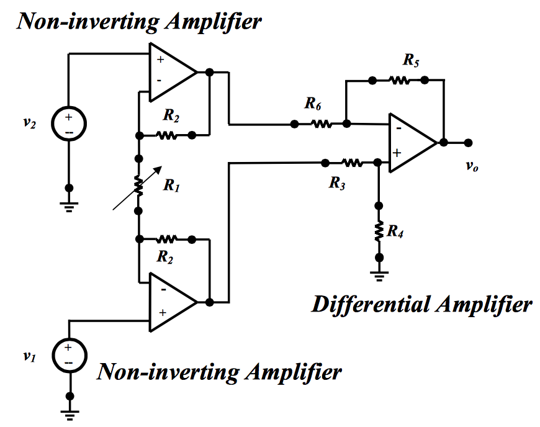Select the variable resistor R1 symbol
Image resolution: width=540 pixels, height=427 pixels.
click(x=138, y=185)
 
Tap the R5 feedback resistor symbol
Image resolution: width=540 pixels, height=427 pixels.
click(x=398, y=79)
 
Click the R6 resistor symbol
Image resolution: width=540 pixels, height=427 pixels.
click(x=321, y=124)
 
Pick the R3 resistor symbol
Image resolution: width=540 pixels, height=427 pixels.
click(x=351, y=163)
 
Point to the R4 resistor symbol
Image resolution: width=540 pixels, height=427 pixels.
click(x=379, y=231)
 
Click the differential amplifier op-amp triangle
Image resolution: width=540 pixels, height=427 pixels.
click(x=410, y=142)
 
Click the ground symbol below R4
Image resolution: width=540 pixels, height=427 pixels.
click(x=379, y=272)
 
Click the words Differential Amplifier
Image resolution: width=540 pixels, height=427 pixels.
click(x=421, y=304)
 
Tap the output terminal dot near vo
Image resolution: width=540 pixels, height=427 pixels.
click(x=467, y=142)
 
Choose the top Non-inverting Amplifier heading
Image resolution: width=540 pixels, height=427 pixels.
click(x=139, y=21)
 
